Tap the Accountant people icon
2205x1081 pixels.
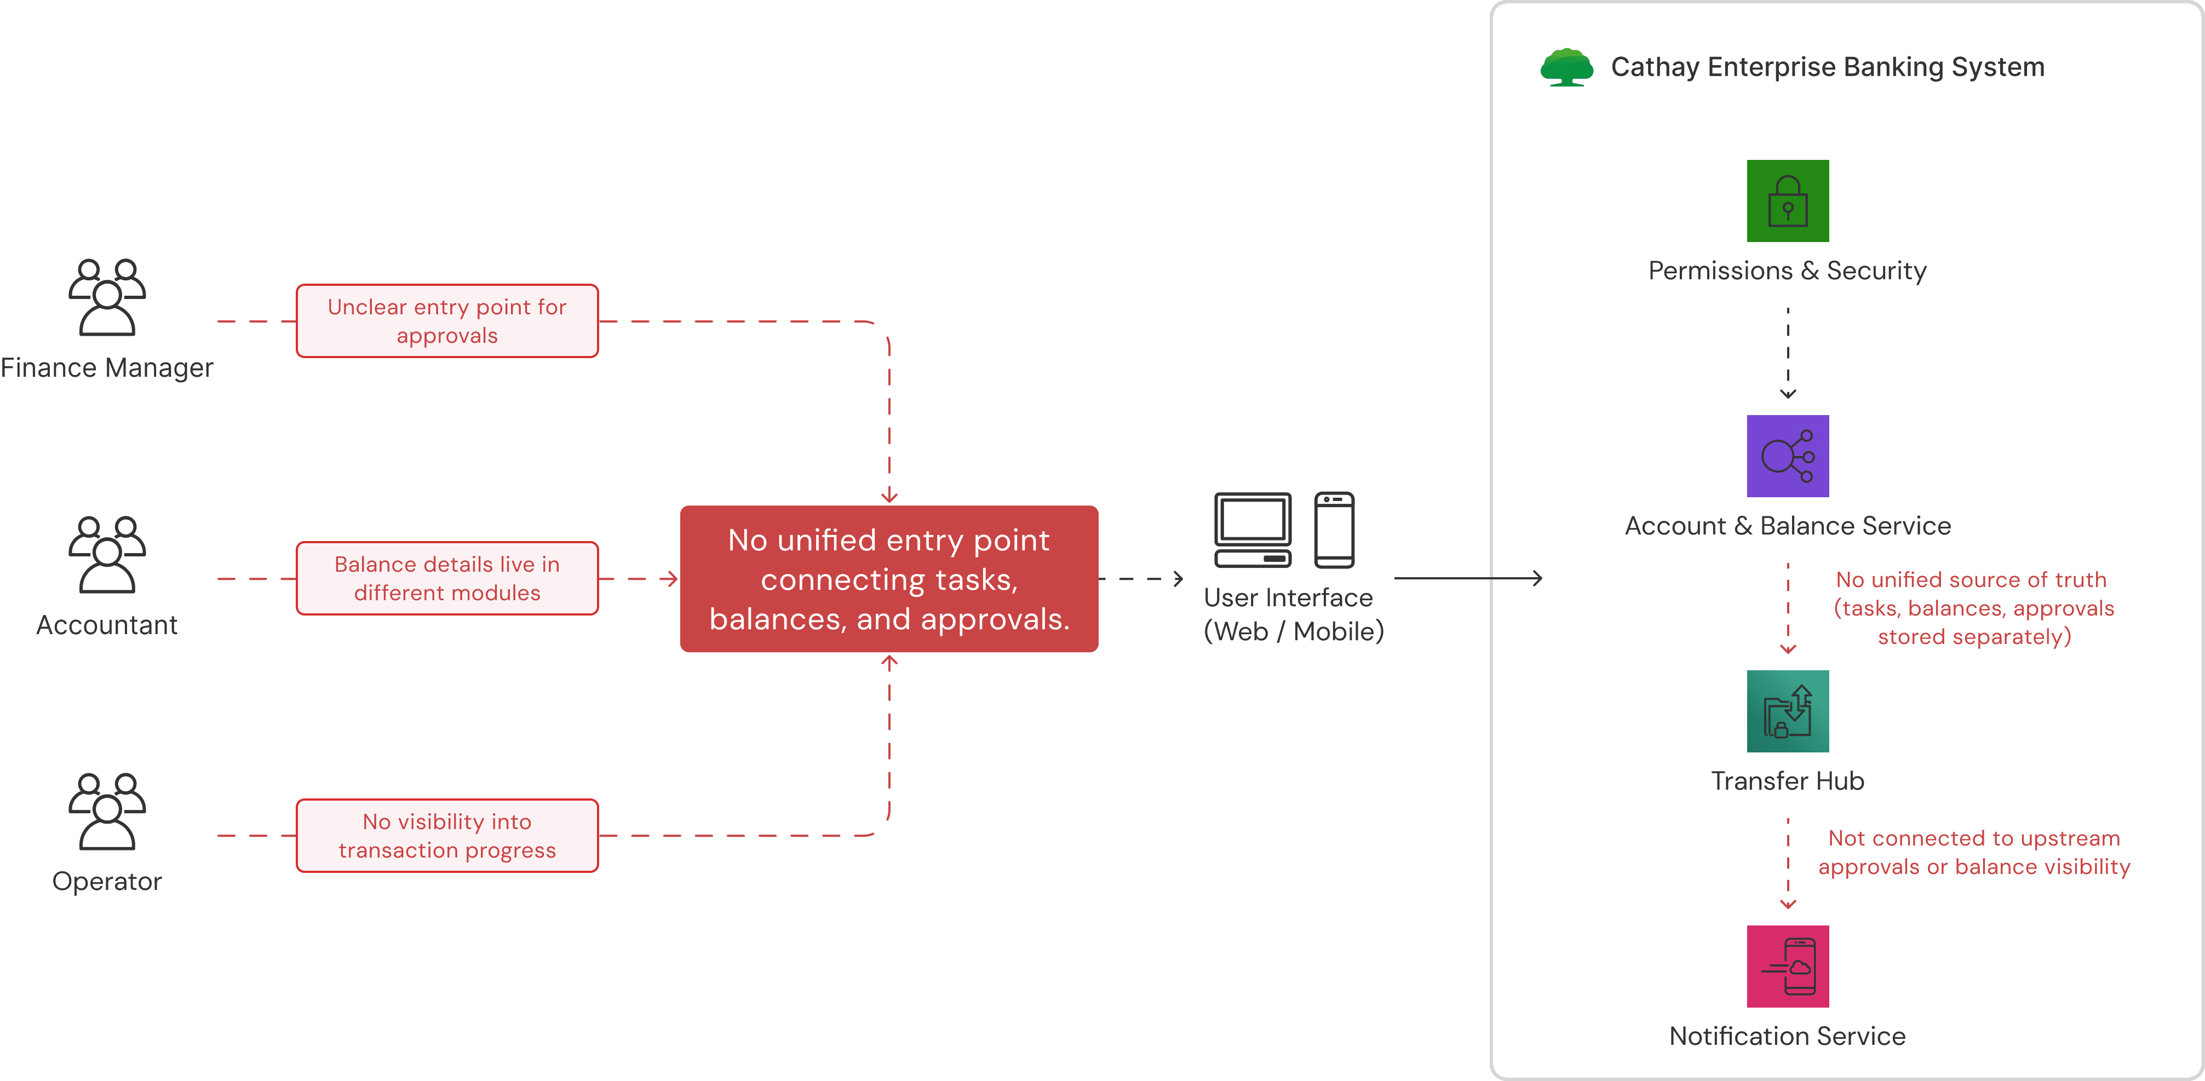(x=107, y=555)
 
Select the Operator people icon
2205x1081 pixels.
(x=107, y=812)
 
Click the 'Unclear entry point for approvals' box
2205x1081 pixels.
(x=447, y=321)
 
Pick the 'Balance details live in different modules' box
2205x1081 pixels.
(x=447, y=579)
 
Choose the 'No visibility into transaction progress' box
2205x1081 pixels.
(x=447, y=835)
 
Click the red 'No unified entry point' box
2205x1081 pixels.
(x=888, y=579)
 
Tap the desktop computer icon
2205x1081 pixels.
(x=1253, y=530)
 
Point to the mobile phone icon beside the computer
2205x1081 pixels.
(x=1334, y=530)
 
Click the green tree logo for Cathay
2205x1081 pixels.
(x=1566, y=67)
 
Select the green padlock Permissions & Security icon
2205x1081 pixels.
(x=1787, y=201)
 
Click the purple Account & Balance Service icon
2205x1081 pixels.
(x=1787, y=456)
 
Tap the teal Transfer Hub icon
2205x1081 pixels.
(x=1787, y=711)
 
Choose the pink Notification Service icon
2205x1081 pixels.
(x=1787, y=967)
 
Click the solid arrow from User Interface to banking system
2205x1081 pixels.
(x=1467, y=579)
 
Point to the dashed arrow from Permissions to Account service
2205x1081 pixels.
(x=1787, y=352)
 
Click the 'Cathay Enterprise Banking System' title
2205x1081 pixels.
(x=1827, y=67)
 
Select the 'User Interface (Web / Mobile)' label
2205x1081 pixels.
(x=1293, y=614)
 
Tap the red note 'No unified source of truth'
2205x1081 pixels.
(x=1973, y=608)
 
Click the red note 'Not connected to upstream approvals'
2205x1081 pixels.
(x=1973, y=853)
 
